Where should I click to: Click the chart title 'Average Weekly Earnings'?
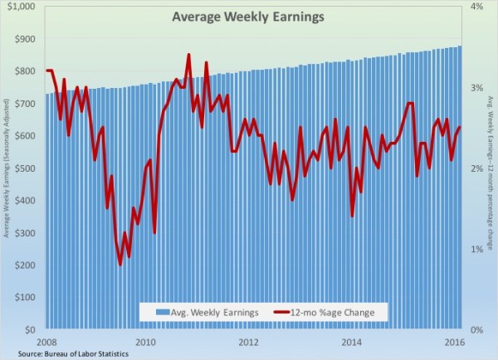[224, 16]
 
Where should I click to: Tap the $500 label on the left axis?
[24, 168]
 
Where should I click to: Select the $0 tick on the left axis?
[30, 329]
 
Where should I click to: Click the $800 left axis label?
[24, 71]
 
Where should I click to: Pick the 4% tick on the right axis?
[478, 7]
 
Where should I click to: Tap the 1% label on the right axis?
[478, 249]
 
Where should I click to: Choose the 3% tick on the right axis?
[478, 87]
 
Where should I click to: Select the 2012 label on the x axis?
[248, 341]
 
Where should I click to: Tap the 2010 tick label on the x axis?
[145, 341]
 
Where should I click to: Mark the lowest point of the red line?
[120, 265]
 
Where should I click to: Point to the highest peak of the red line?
[188, 55]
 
